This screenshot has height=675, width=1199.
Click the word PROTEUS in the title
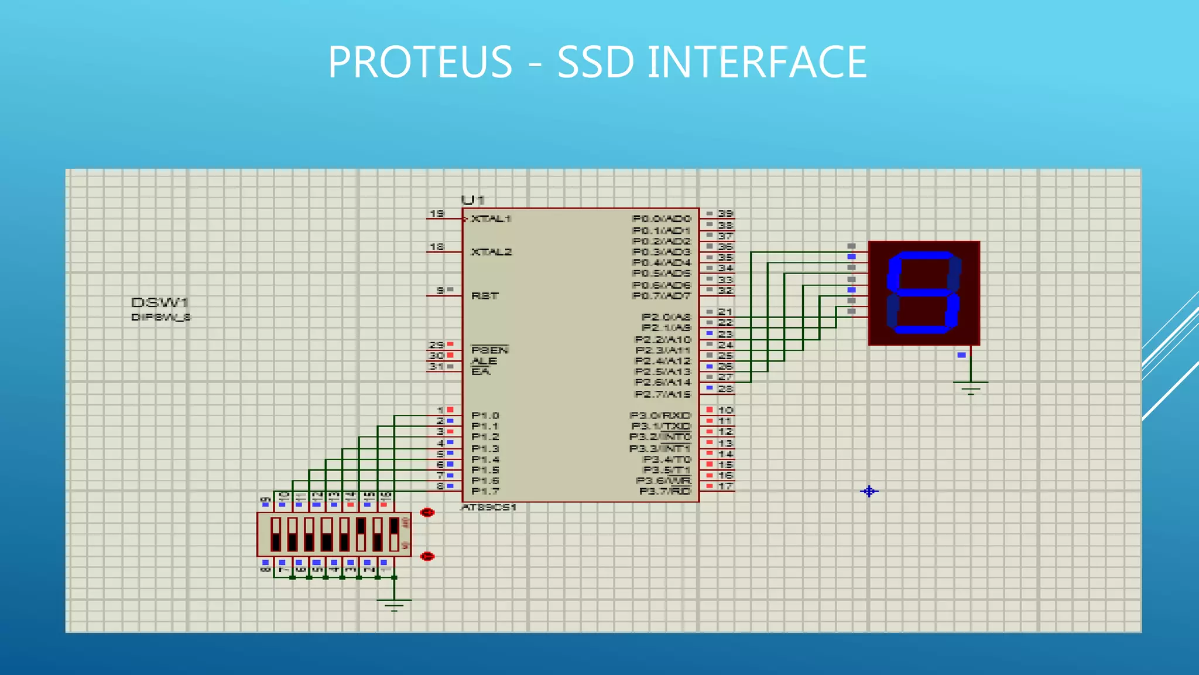(x=420, y=62)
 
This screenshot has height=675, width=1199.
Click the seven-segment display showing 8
(x=924, y=293)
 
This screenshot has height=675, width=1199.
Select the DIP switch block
(x=334, y=534)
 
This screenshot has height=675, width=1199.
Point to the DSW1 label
(x=159, y=302)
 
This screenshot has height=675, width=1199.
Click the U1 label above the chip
(x=472, y=200)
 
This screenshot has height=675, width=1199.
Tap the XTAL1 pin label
(x=491, y=219)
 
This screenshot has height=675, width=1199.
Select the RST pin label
(x=485, y=296)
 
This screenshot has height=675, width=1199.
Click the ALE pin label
(x=484, y=361)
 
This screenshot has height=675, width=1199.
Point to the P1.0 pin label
(x=485, y=415)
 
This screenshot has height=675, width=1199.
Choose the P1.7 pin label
(x=485, y=491)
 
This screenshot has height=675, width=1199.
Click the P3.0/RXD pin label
(x=660, y=415)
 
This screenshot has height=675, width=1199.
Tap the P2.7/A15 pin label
(x=663, y=394)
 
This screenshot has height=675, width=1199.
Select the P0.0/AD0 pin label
(x=662, y=219)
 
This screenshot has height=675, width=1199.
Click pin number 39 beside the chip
(x=725, y=214)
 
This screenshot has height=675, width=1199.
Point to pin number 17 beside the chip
(x=725, y=486)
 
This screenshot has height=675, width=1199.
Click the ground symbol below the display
(x=971, y=387)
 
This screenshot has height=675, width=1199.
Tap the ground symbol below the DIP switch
(x=394, y=604)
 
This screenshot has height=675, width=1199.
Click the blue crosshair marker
(x=869, y=491)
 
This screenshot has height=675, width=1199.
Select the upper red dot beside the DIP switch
(x=427, y=513)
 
